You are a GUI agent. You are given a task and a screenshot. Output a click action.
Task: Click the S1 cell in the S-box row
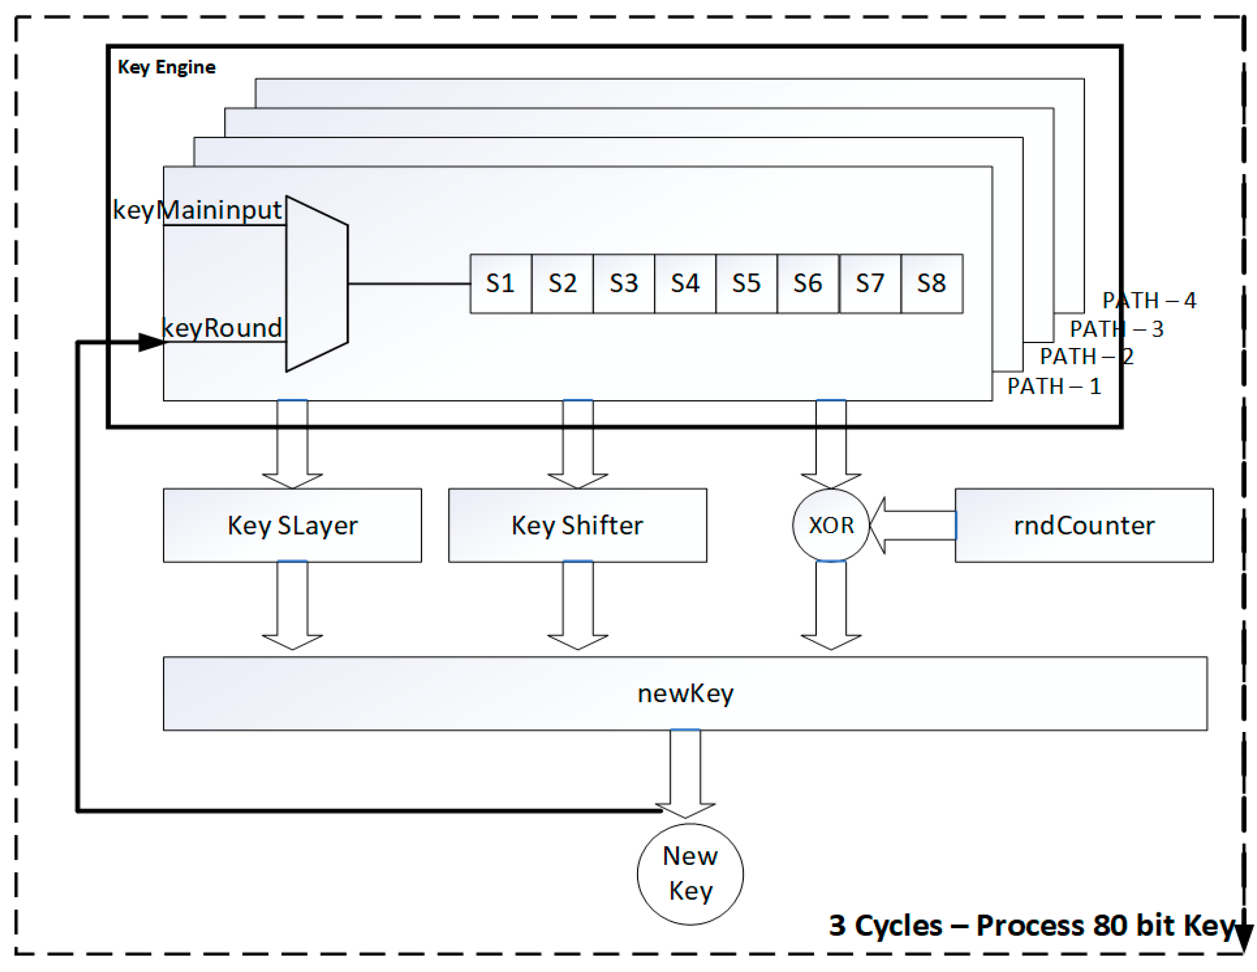pos(500,283)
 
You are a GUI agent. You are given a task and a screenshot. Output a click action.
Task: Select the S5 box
pos(746,283)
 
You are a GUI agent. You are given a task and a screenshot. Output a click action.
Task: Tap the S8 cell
pos(931,283)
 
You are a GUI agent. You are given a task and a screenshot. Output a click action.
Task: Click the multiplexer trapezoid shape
pos(317,283)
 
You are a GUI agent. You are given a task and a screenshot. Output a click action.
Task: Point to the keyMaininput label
pos(197,210)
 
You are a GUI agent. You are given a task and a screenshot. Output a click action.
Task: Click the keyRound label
pos(222,328)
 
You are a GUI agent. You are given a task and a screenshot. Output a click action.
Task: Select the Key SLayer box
pos(293,525)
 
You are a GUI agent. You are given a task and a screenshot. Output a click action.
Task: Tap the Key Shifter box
pos(577,525)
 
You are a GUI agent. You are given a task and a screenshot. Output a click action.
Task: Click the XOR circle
pos(831,525)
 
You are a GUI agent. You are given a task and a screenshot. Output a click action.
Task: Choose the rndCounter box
pos(1084,525)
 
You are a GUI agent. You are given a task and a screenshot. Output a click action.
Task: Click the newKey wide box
pos(685,694)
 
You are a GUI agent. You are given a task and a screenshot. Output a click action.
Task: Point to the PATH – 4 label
pos(1149,300)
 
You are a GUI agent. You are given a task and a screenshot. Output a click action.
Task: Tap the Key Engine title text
pos(167,67)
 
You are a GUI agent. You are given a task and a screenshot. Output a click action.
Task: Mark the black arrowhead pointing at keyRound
pos(151,343)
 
